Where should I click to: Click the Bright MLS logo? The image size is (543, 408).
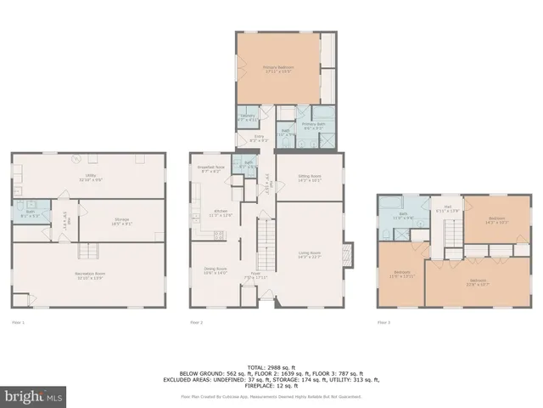(34, 395)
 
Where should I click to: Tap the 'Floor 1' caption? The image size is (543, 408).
(18, 323)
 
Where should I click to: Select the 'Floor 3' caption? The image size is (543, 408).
(383, 323)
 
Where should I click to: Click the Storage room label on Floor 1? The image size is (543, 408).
(121, 221)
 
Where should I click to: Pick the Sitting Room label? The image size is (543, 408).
(309, 178)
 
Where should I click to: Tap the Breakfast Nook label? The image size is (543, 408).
(211, 169)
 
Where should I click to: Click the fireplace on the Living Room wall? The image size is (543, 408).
(346, 254)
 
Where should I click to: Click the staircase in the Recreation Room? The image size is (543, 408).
(85, 251)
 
